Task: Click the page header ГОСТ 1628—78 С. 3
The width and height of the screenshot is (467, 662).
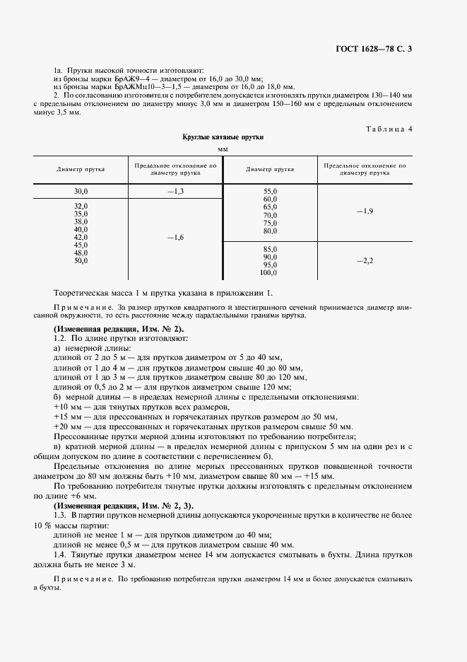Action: click(400, 49)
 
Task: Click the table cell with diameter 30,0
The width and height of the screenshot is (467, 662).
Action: click(81, 192)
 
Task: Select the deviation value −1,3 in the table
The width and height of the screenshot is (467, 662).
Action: click(175, 192)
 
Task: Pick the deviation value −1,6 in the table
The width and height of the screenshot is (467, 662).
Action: click(175, 238)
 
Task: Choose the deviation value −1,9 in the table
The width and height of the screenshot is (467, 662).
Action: click(365, 211)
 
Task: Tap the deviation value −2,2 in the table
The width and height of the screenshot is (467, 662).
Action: click(365, 261)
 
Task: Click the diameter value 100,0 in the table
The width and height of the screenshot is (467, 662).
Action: click(269, 272)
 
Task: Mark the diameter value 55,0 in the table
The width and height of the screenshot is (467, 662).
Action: click(270, 192)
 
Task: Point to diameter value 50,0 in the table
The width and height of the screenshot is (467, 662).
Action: click(81, 261)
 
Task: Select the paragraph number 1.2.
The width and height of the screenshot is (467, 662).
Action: click(60, 340)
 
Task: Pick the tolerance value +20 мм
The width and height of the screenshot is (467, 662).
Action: click(68, 426)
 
